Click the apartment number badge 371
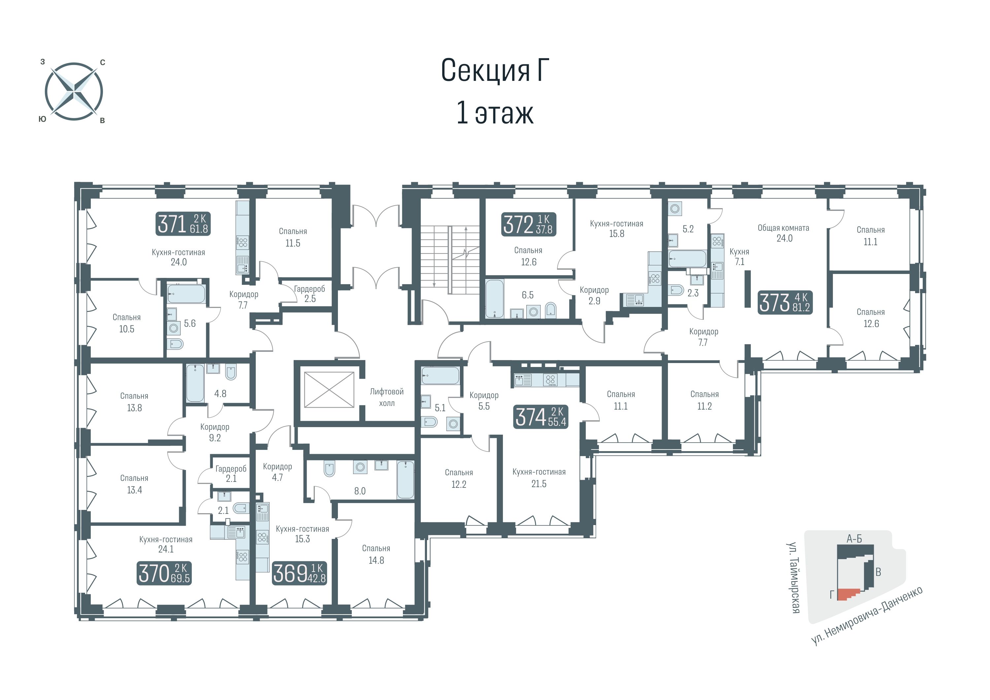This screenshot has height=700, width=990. [183, 224]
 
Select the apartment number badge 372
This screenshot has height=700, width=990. [529, 224]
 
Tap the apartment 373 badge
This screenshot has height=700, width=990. [785, 302]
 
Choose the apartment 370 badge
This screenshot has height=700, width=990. [164, 573]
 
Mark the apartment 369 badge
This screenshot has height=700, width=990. [300, 573]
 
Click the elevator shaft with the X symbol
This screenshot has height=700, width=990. [329, 390]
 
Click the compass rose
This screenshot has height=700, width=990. [74, 91]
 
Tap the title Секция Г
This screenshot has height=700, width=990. [495, 70]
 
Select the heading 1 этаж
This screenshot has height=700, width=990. [495, 113]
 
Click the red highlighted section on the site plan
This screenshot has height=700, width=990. [848, 595]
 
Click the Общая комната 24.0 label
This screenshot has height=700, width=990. [784, 233]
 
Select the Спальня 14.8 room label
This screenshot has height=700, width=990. [376, 554]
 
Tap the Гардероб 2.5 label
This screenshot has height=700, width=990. [310, 294]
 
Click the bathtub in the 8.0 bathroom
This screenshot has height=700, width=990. [405, 480]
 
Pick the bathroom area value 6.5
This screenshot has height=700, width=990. [528, 295]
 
